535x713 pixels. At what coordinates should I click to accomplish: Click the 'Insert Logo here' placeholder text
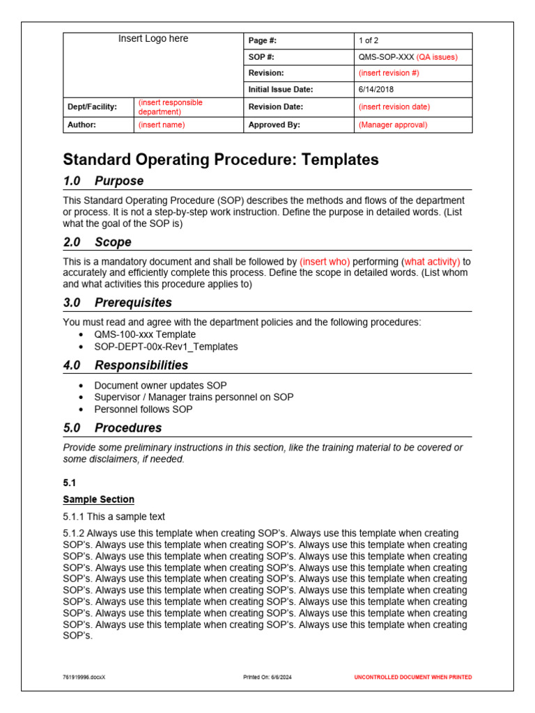153,39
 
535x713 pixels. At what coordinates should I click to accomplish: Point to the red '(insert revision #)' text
389,73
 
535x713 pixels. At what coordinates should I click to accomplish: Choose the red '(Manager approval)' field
393,125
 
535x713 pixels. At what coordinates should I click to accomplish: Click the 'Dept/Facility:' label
92,107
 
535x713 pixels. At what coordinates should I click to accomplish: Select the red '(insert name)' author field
162,125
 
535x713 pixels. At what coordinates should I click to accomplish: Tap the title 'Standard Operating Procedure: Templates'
221,159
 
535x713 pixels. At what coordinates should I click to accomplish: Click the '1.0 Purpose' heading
103,181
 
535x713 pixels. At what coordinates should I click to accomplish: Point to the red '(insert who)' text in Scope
325,262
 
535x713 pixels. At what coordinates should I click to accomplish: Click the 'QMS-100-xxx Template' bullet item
145,334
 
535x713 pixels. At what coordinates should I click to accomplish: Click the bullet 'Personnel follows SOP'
144,409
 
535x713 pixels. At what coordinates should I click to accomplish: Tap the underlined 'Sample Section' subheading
98,499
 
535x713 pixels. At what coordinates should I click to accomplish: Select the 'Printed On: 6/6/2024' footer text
267,677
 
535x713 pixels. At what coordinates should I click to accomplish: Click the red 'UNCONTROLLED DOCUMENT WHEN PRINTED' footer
412,677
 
